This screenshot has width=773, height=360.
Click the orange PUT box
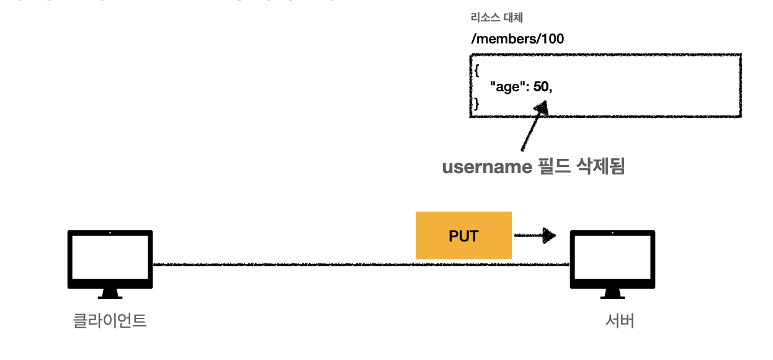click(x=463, y=235)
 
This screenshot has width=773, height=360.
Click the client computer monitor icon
click(x=110, y=259)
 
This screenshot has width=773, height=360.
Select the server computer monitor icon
click(x=612, y=259)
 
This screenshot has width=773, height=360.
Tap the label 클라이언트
click(x=110, y=321)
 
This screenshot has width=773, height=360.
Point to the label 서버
click(x=619, y=321)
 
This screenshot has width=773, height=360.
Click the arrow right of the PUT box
click(x=535, y=235)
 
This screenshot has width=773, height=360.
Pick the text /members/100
click(x=517, y=39)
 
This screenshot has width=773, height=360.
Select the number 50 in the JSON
click(x=541, y=87)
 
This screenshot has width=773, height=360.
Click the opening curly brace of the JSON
click(x=476, y=70)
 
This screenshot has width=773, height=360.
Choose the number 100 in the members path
click(x=553, y=39)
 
